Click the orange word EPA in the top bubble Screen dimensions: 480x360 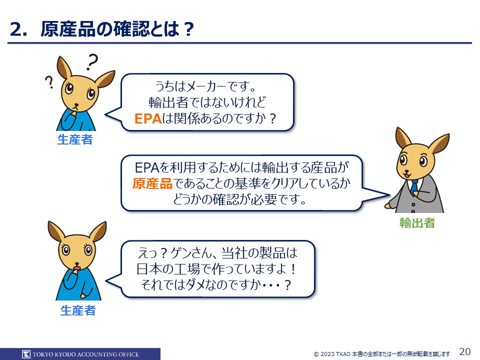click(x=148, y=119)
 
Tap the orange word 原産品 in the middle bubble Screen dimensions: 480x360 click(x=152, y=183)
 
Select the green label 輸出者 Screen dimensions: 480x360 click(x=417, y=223)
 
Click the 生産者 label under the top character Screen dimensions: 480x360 click(x=75, y=139)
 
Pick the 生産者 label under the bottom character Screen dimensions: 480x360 click(x=78, y=310)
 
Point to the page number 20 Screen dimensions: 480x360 click(x=465, y=351)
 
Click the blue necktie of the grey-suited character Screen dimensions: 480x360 click(x=414, y=187)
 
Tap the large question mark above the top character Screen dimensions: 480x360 click(x=92, y=62)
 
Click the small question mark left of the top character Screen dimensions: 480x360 click(x=49, y=82)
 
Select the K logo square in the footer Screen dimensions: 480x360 click(x=26, y=354)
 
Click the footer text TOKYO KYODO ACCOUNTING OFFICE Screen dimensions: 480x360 click(x=85, y=354)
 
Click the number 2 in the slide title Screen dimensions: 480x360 click(x=16, y=29)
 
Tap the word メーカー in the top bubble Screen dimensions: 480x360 click(x=206, y=86)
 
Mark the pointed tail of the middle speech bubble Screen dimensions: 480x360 click(x=389, y=194)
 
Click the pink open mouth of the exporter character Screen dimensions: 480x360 click(x=407, y=174)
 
